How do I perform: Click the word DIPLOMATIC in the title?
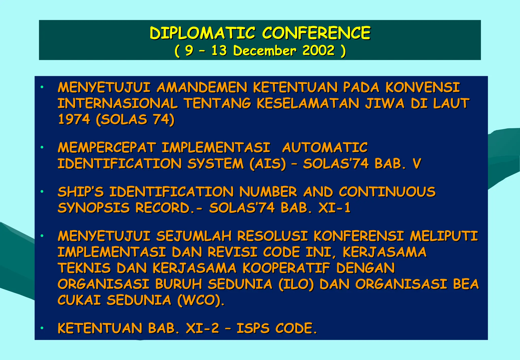pyautogui.click(x=202, y=33)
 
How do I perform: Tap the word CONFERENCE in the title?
pyautogui.click(x=316, y=33)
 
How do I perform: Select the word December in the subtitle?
pyautogui.click(x=265, y=51)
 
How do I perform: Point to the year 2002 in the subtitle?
pyautogui.click(x=318, y=50)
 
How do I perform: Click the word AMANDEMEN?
pyautogui.click(x=202, y=88)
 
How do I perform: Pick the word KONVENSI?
pyautogui.click(x=422, y=88)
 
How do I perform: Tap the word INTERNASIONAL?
pyautogui.click(x=118, y=104)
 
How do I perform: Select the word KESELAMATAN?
pyautogui.click(x=308, y=104)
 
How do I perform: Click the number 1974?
pyautogui.click(x=74, y=119)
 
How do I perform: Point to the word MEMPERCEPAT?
pyautogui.click(x=107, y=148)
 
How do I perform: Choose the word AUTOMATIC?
pyautogui.click(x=325, y=148)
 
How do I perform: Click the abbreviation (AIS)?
pyautogui.click(x=268, y=163)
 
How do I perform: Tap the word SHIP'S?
pyautogui.click(x=81, y=192)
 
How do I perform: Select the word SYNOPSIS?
pyautogui.click(x=94, y=208)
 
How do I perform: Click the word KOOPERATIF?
pyautogui.click(x=286, y=268)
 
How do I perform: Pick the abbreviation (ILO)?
pyautogui.click(x=296, y=284)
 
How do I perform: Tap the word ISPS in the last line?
pyautogui.click(x=253, y=328)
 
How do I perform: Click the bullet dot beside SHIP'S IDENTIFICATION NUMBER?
pyautogui.click(x=42, y=192)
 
